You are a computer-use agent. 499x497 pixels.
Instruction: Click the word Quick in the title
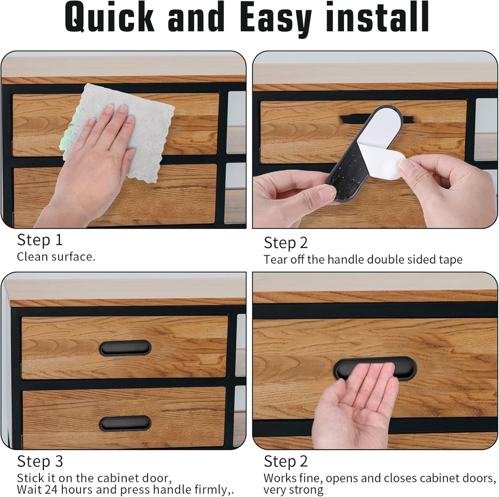[109, 18]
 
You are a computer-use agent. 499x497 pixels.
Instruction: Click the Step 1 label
[40, 240]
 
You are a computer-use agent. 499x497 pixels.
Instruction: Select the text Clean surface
[56, 257]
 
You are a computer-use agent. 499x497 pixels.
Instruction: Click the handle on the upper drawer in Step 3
[125, 348]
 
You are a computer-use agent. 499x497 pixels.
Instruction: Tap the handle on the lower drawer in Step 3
[125, 423]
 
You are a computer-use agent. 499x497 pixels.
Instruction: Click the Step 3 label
[40, 461]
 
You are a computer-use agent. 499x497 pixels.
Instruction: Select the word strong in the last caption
[306, 490]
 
